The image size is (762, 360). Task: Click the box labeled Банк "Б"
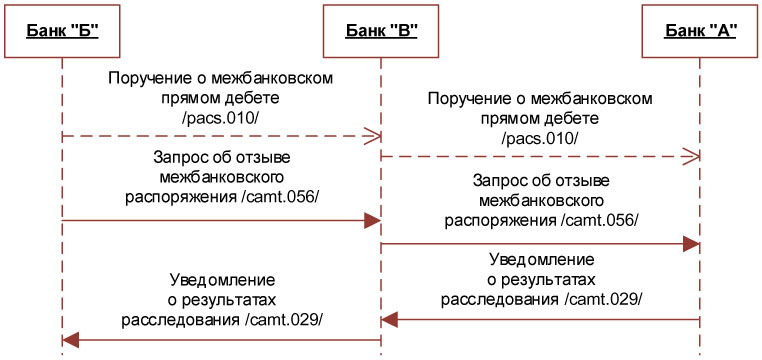click(62, 30)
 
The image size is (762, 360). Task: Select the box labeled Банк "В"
click(381, 30)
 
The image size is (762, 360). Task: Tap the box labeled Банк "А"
click(700, 30)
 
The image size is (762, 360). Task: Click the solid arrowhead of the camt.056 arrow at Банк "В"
click(372, 219)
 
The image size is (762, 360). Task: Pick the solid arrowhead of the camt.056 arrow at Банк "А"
click(691, 243)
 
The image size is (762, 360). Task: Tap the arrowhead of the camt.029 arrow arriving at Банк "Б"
click(72, 341)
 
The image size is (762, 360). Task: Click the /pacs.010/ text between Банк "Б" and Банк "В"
click(221, 118)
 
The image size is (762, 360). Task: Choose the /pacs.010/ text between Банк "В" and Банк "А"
click(540, 137)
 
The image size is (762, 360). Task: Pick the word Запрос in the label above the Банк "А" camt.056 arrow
click(504, 180)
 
